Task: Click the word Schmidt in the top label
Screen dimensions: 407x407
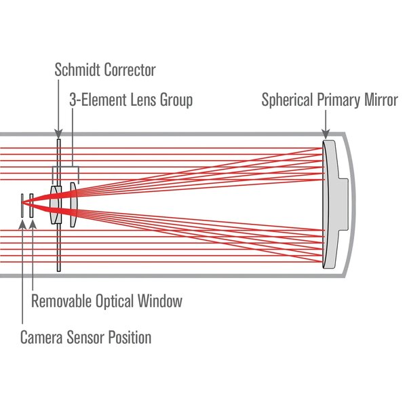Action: (77, 70)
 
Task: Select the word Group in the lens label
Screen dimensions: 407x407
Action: (175, 100)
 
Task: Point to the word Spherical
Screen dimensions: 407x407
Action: (288, 100)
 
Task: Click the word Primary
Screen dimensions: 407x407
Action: (340, 100)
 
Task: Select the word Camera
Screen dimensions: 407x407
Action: (43, 337)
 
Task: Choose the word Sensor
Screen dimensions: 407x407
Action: (89, 337)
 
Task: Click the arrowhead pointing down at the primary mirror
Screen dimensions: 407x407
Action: (326, 134)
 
